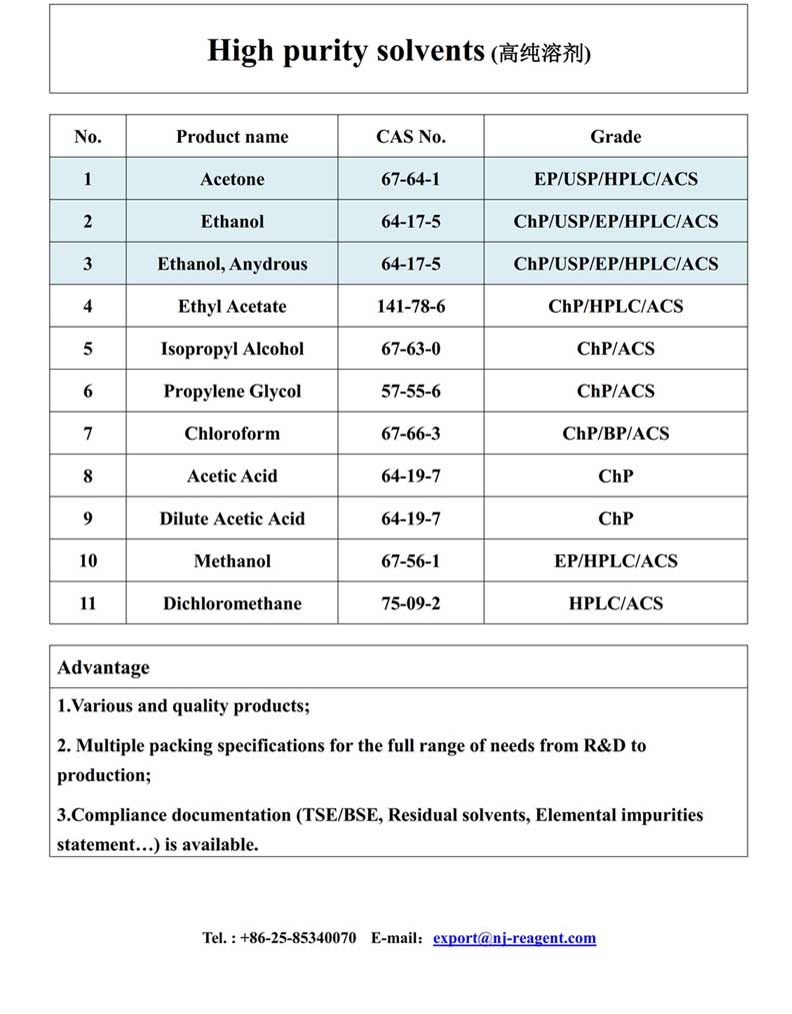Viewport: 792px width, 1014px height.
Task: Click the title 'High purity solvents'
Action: pyautogui.click(x=345, y=50)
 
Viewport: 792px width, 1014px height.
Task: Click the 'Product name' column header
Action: pyautogui.click(x=232, y=137)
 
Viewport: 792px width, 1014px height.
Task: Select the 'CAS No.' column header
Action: pyautogui.click(x=411, y=137)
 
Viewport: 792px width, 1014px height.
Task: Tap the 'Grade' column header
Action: pyautogui.click(x=616, y=137)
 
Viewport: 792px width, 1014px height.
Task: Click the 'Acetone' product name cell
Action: pyautogui.click(x=232, y=180)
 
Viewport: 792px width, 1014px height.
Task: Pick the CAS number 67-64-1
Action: pyautogui.click(x=411, y=180)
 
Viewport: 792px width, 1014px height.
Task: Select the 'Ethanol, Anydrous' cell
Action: pyautogui.click(x=232, y=265)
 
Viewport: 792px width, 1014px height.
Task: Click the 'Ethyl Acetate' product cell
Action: pyautogui.click(x=232, y=307)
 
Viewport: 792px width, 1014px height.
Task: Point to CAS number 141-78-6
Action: pyautogui.click(x=411, y=307)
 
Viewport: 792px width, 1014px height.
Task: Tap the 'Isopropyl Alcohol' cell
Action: pyautogui.click(x=232, y=350)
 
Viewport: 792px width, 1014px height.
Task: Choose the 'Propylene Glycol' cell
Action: pyautogui.click(x=232, y=392)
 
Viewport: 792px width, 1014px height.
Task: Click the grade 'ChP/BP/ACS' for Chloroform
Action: pyautogui.click(x=616, y=434)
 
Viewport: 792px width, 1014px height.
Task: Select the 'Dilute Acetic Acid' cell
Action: pyautogui.click(x=232, y=518)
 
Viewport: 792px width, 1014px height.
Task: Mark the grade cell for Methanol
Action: pyautogui.click(x=616, y=561)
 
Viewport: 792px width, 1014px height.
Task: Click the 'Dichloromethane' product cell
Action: pyautogui.click(x=232, y=603)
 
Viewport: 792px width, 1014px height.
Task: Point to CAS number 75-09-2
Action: pyautogui.click(x=411, y=603)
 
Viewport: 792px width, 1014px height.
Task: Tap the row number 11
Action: pyautogui.click(x=88, y=603)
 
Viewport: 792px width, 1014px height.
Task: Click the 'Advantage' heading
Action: pyautogui.click(x=103, y=667)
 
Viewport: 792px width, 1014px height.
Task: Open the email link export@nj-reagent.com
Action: pyautogui.click(x=514, y=938)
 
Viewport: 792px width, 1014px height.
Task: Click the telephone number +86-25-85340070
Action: pyautogui.click(x=298, y=938)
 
